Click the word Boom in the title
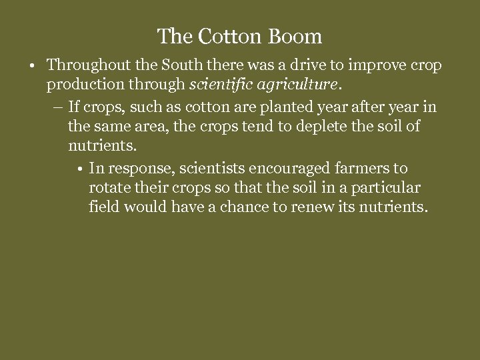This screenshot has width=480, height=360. point(295,36)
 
